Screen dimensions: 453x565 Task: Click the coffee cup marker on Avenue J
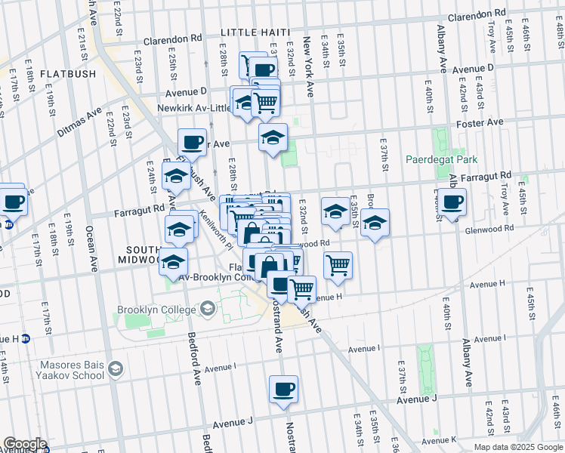point(283,390)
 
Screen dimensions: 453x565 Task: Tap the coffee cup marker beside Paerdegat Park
point(452,202)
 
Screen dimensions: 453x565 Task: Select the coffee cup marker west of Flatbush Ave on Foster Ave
point(193,141)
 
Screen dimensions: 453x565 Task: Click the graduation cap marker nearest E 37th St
point(374,223)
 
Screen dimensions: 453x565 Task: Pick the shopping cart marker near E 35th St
point(338,265)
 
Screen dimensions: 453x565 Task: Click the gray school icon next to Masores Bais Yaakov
point(116,368)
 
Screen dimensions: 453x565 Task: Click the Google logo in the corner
point(24,445)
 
